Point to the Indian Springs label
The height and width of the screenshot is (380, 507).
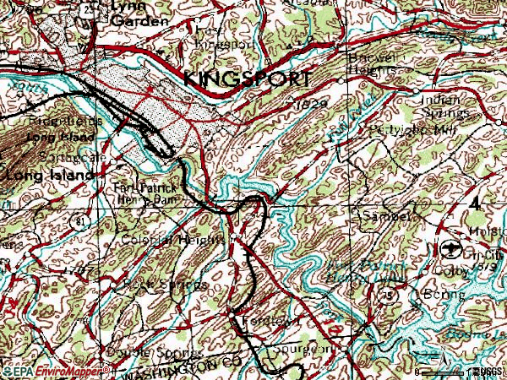tap(444, 106)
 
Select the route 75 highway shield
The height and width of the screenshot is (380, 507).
tap(388, 295)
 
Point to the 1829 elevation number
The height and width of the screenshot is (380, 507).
tap(311, 103)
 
